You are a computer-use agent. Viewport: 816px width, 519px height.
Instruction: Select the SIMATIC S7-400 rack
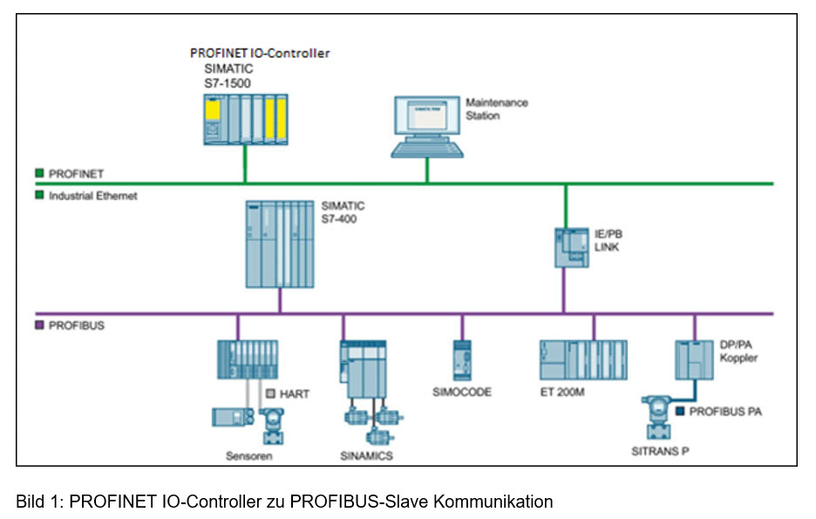tap(280, 244)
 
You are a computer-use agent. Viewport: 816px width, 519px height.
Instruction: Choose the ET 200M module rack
tap(589, 359)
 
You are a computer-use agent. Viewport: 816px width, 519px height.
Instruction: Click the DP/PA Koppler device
tap(694, 359)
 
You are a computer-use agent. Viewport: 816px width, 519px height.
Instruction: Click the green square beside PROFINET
tap(40, 174)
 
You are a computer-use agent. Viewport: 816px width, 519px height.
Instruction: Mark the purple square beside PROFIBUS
tap(40, 325)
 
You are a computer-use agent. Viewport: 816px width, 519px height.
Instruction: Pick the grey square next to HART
tap(270, 393)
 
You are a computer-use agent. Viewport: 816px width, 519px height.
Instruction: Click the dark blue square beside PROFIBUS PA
tap(680, 410)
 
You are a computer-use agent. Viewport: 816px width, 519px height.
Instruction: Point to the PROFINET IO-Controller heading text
tap(260, 53)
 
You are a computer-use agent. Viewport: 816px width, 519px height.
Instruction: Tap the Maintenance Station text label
tap(496, 109)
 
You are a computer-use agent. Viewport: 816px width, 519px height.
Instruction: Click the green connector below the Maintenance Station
tap(426, 171)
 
